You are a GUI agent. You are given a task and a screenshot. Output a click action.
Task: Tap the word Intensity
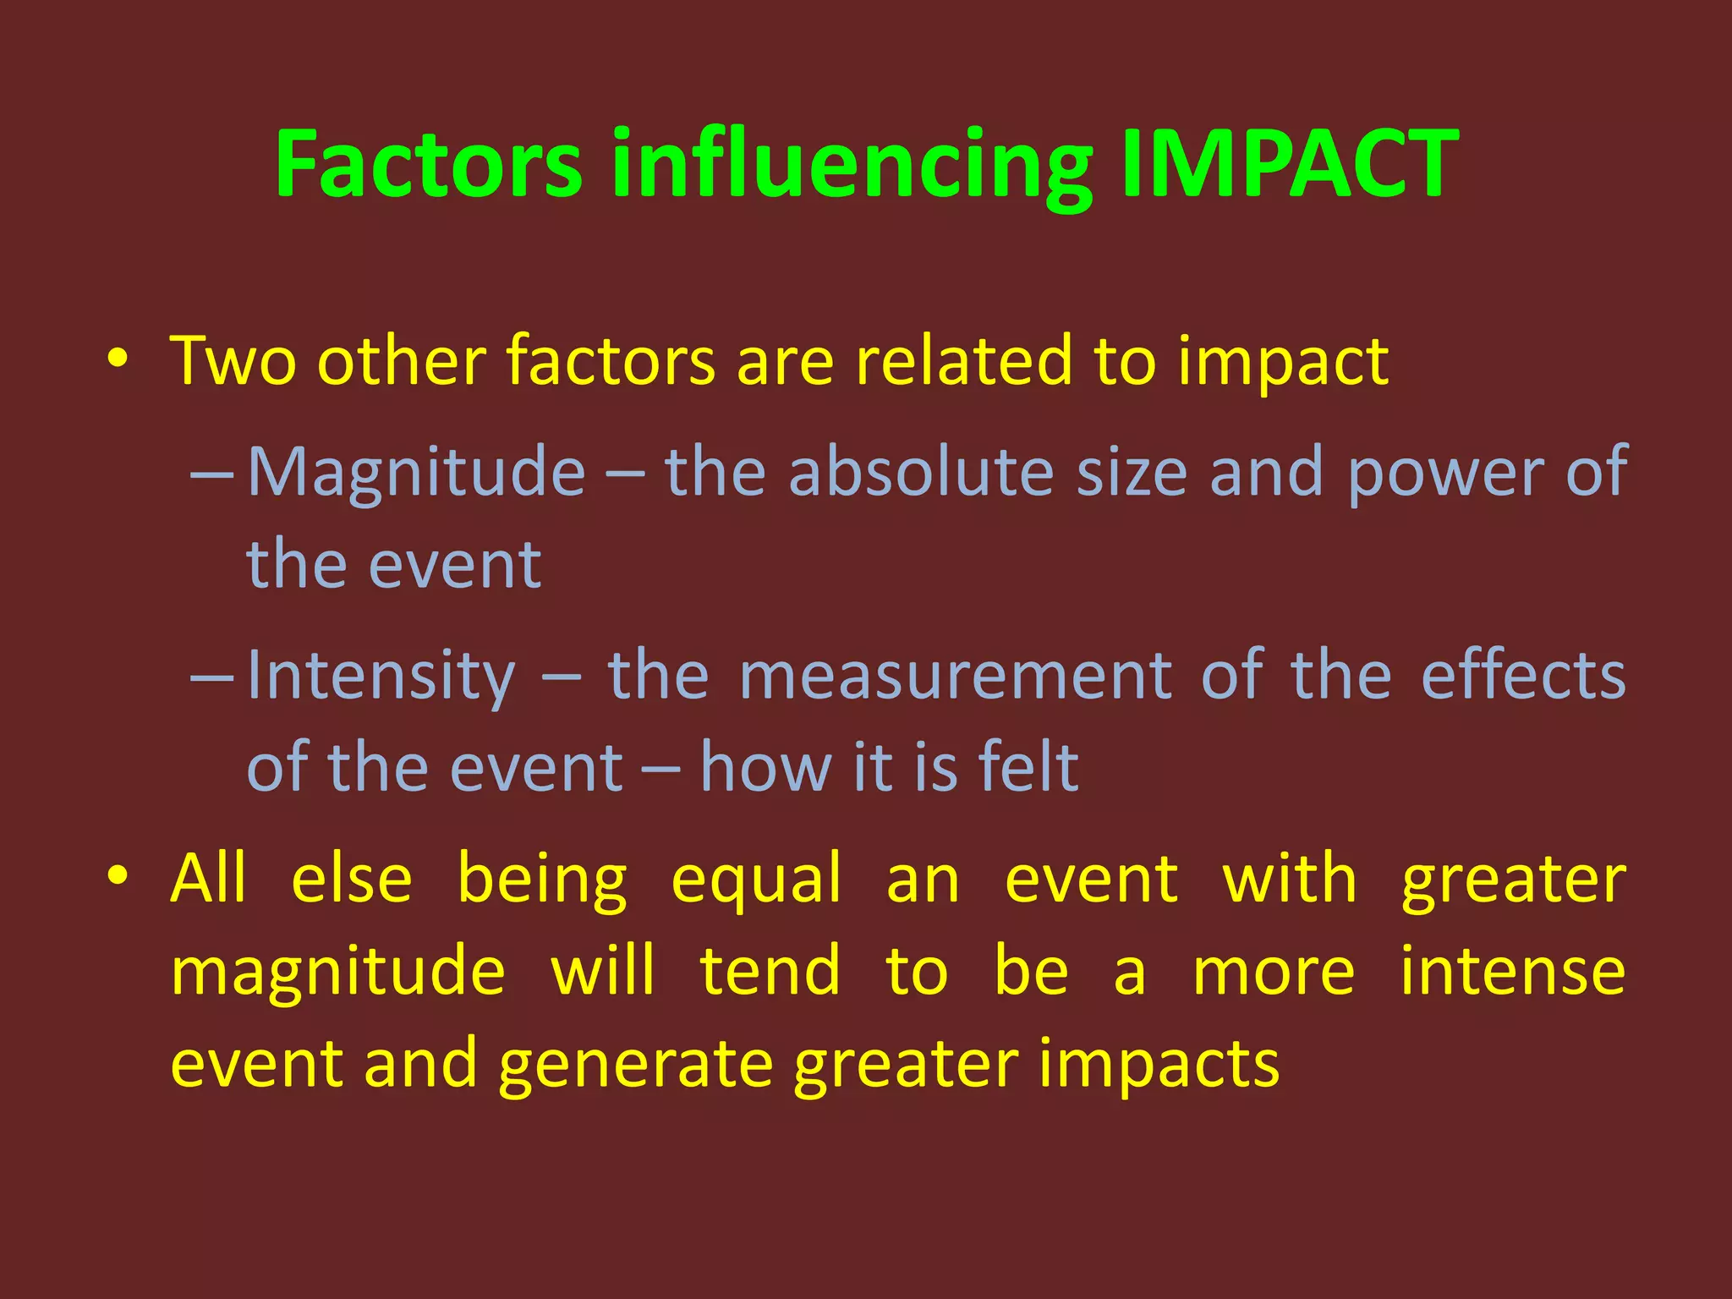(381, 677)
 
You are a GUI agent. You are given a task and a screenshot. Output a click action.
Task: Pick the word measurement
(955, 676)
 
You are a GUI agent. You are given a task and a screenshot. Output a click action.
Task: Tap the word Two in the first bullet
(233, 361)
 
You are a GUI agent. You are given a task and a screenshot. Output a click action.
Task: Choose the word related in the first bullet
(963, 361)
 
